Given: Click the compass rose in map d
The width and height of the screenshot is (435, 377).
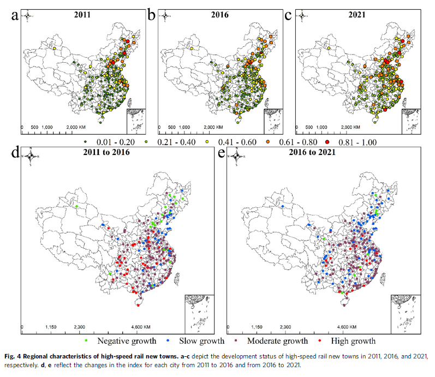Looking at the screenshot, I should pyautogui.click(x=32, y=157).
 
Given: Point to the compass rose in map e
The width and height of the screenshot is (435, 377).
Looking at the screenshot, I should pyautogui.click(x=237, y=157).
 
